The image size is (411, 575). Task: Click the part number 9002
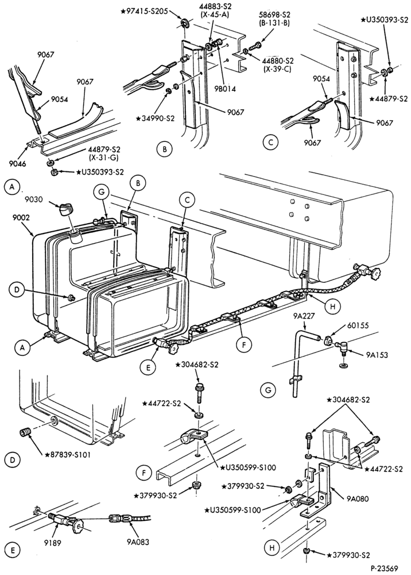point(21,217)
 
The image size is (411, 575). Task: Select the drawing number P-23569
point(384,568)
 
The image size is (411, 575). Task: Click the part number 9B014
point(224,89)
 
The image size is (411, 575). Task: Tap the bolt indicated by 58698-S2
point(254,47)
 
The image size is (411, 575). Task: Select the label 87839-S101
point(67,454)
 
